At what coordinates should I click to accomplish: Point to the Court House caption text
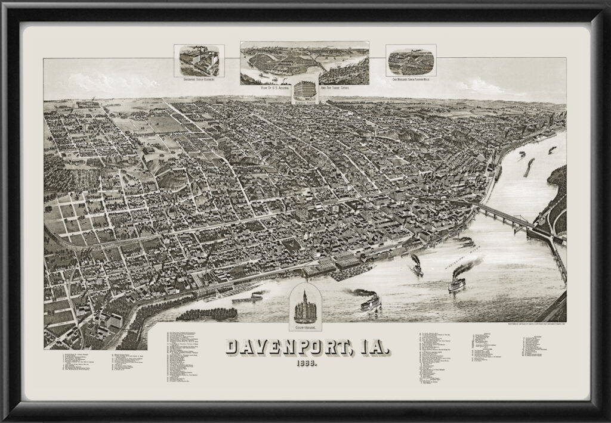coord(305,326)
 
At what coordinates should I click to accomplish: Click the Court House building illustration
coord(305,306)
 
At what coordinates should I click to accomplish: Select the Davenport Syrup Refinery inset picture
coord(199,60)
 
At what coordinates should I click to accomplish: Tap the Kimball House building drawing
coord(305,89)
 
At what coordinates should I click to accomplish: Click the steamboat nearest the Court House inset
coord(369,302)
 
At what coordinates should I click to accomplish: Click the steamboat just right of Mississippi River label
coord(458,280)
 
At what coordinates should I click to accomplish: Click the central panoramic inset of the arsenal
coord(304,62)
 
